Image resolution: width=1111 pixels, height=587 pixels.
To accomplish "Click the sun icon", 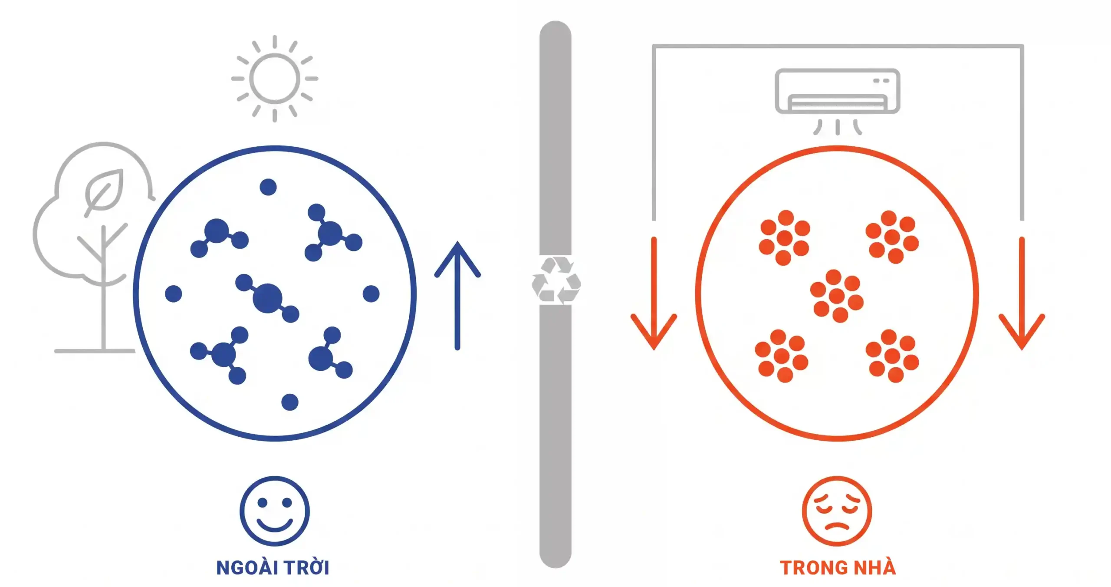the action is click(274, 79).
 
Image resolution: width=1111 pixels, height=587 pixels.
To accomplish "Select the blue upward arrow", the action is click(457, 296).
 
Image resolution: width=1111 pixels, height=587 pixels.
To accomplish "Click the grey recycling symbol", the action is click(556, 280).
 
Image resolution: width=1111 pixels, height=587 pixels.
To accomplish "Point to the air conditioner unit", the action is click(837, 91).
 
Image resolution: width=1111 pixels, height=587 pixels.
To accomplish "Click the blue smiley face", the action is click(275, 511).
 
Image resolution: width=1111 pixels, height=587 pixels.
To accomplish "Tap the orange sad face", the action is click(837, 511).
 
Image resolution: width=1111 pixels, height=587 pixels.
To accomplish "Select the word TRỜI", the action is click(307, 567).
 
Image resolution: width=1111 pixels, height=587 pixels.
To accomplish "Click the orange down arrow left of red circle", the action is click(654, 293).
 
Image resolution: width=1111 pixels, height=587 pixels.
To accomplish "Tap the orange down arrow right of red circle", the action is click(1022, 293).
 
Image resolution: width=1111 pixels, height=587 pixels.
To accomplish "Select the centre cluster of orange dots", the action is click(837, 296).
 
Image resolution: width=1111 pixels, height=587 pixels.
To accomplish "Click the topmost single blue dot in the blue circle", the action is click(268, 187).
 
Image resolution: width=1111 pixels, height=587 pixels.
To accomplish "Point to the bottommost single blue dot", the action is click(290, 402).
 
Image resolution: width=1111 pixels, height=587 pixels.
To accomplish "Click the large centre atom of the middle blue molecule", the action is click(267, 298).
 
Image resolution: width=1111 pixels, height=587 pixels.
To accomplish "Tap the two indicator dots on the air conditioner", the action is click(881, 81).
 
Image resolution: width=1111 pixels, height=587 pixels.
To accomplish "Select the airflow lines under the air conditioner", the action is click(838, 127).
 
